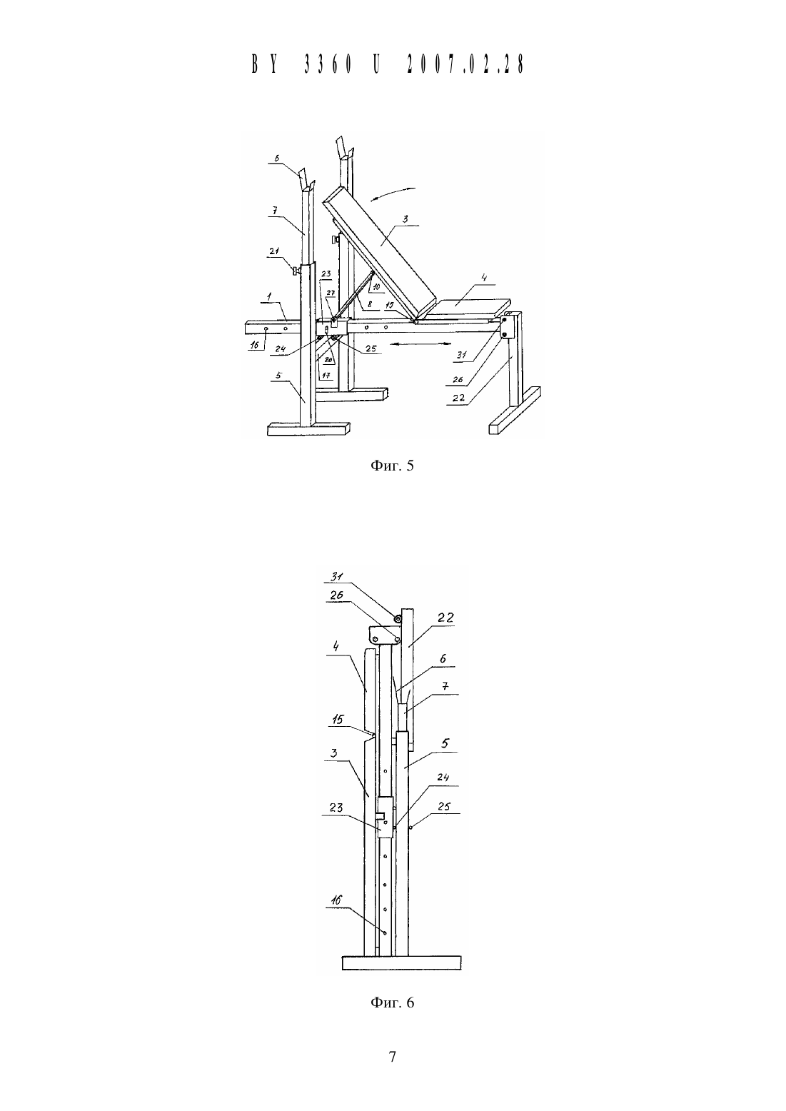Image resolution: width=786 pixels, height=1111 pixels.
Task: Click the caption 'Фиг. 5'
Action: [392, 466]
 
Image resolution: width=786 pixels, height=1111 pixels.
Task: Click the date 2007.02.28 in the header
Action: [465, 64]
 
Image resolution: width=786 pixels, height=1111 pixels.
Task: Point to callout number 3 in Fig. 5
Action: [405, 219]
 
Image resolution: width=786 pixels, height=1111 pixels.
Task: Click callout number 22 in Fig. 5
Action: [459, 397]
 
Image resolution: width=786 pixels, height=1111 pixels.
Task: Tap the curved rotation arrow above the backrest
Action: [393, 193]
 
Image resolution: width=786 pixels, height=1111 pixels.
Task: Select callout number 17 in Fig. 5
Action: [326, 376]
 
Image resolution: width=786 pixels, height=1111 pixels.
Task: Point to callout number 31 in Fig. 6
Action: [338, 576]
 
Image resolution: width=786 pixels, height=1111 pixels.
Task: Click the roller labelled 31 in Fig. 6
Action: [398, 618]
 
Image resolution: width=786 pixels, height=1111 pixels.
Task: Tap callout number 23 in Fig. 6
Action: [336, 807]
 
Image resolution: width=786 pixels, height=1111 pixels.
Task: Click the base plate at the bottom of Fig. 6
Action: [402, 962]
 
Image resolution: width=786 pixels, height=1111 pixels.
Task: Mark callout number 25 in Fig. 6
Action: [444, 806]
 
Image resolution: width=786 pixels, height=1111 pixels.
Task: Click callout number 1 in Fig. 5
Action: [269, 297]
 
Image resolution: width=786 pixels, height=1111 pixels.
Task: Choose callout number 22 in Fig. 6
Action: [445, 618]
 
